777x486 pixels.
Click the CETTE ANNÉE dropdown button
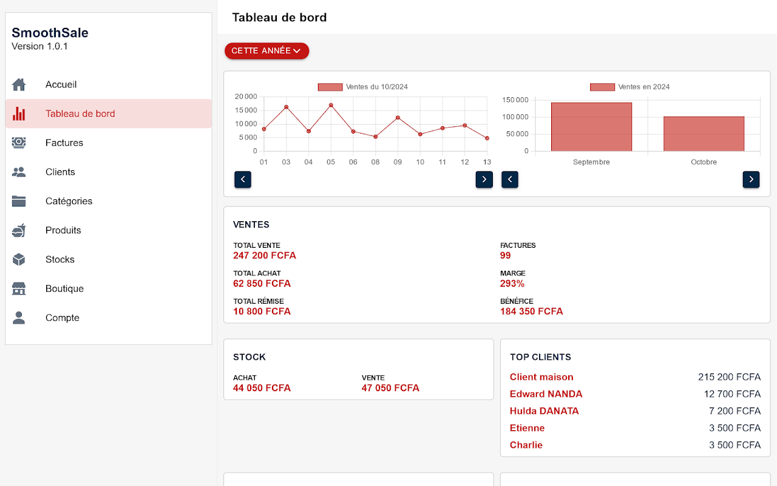tap(266, 51)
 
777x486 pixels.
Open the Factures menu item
tap(64, 143)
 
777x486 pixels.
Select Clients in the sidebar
tap(60, 172)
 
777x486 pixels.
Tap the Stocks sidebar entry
tap(59, 259)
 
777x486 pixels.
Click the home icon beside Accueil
tap(19, 84)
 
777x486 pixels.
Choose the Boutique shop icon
tap(19, 289)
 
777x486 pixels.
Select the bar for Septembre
tap(591, 126)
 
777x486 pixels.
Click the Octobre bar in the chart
tap(704, 134)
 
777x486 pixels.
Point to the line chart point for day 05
tap(331, 105)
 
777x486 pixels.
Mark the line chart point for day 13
tap(487, 138)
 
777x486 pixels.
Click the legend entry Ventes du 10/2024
tap(363, 87)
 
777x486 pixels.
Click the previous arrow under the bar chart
tap(510, 179)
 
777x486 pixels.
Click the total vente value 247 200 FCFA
tap(265, 256)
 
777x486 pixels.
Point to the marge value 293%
tap(512, 284)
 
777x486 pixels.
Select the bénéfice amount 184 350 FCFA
tap(531, 312)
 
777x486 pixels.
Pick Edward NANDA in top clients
tap(546, 394)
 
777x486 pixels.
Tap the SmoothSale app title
tap(50, 33)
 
